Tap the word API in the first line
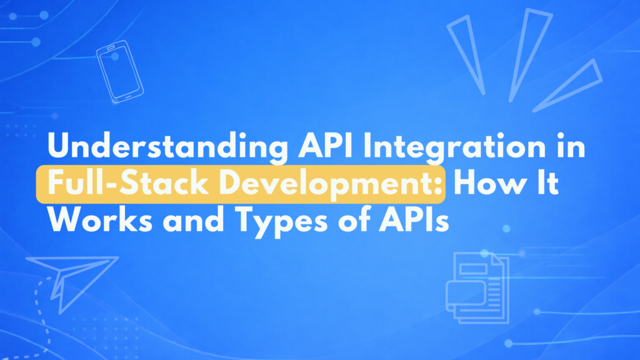[x=325, y=146]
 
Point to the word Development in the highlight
[x=325, y=185]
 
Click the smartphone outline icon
[x=120, y=72]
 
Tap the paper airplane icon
[x=72, y=284]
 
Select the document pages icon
[x=477, y=287]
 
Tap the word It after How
[x=547, y=183]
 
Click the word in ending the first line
[x=571, y=146]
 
